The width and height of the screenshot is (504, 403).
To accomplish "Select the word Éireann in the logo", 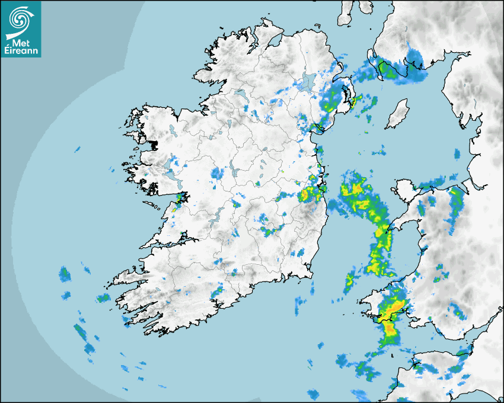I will click(20, 50).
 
